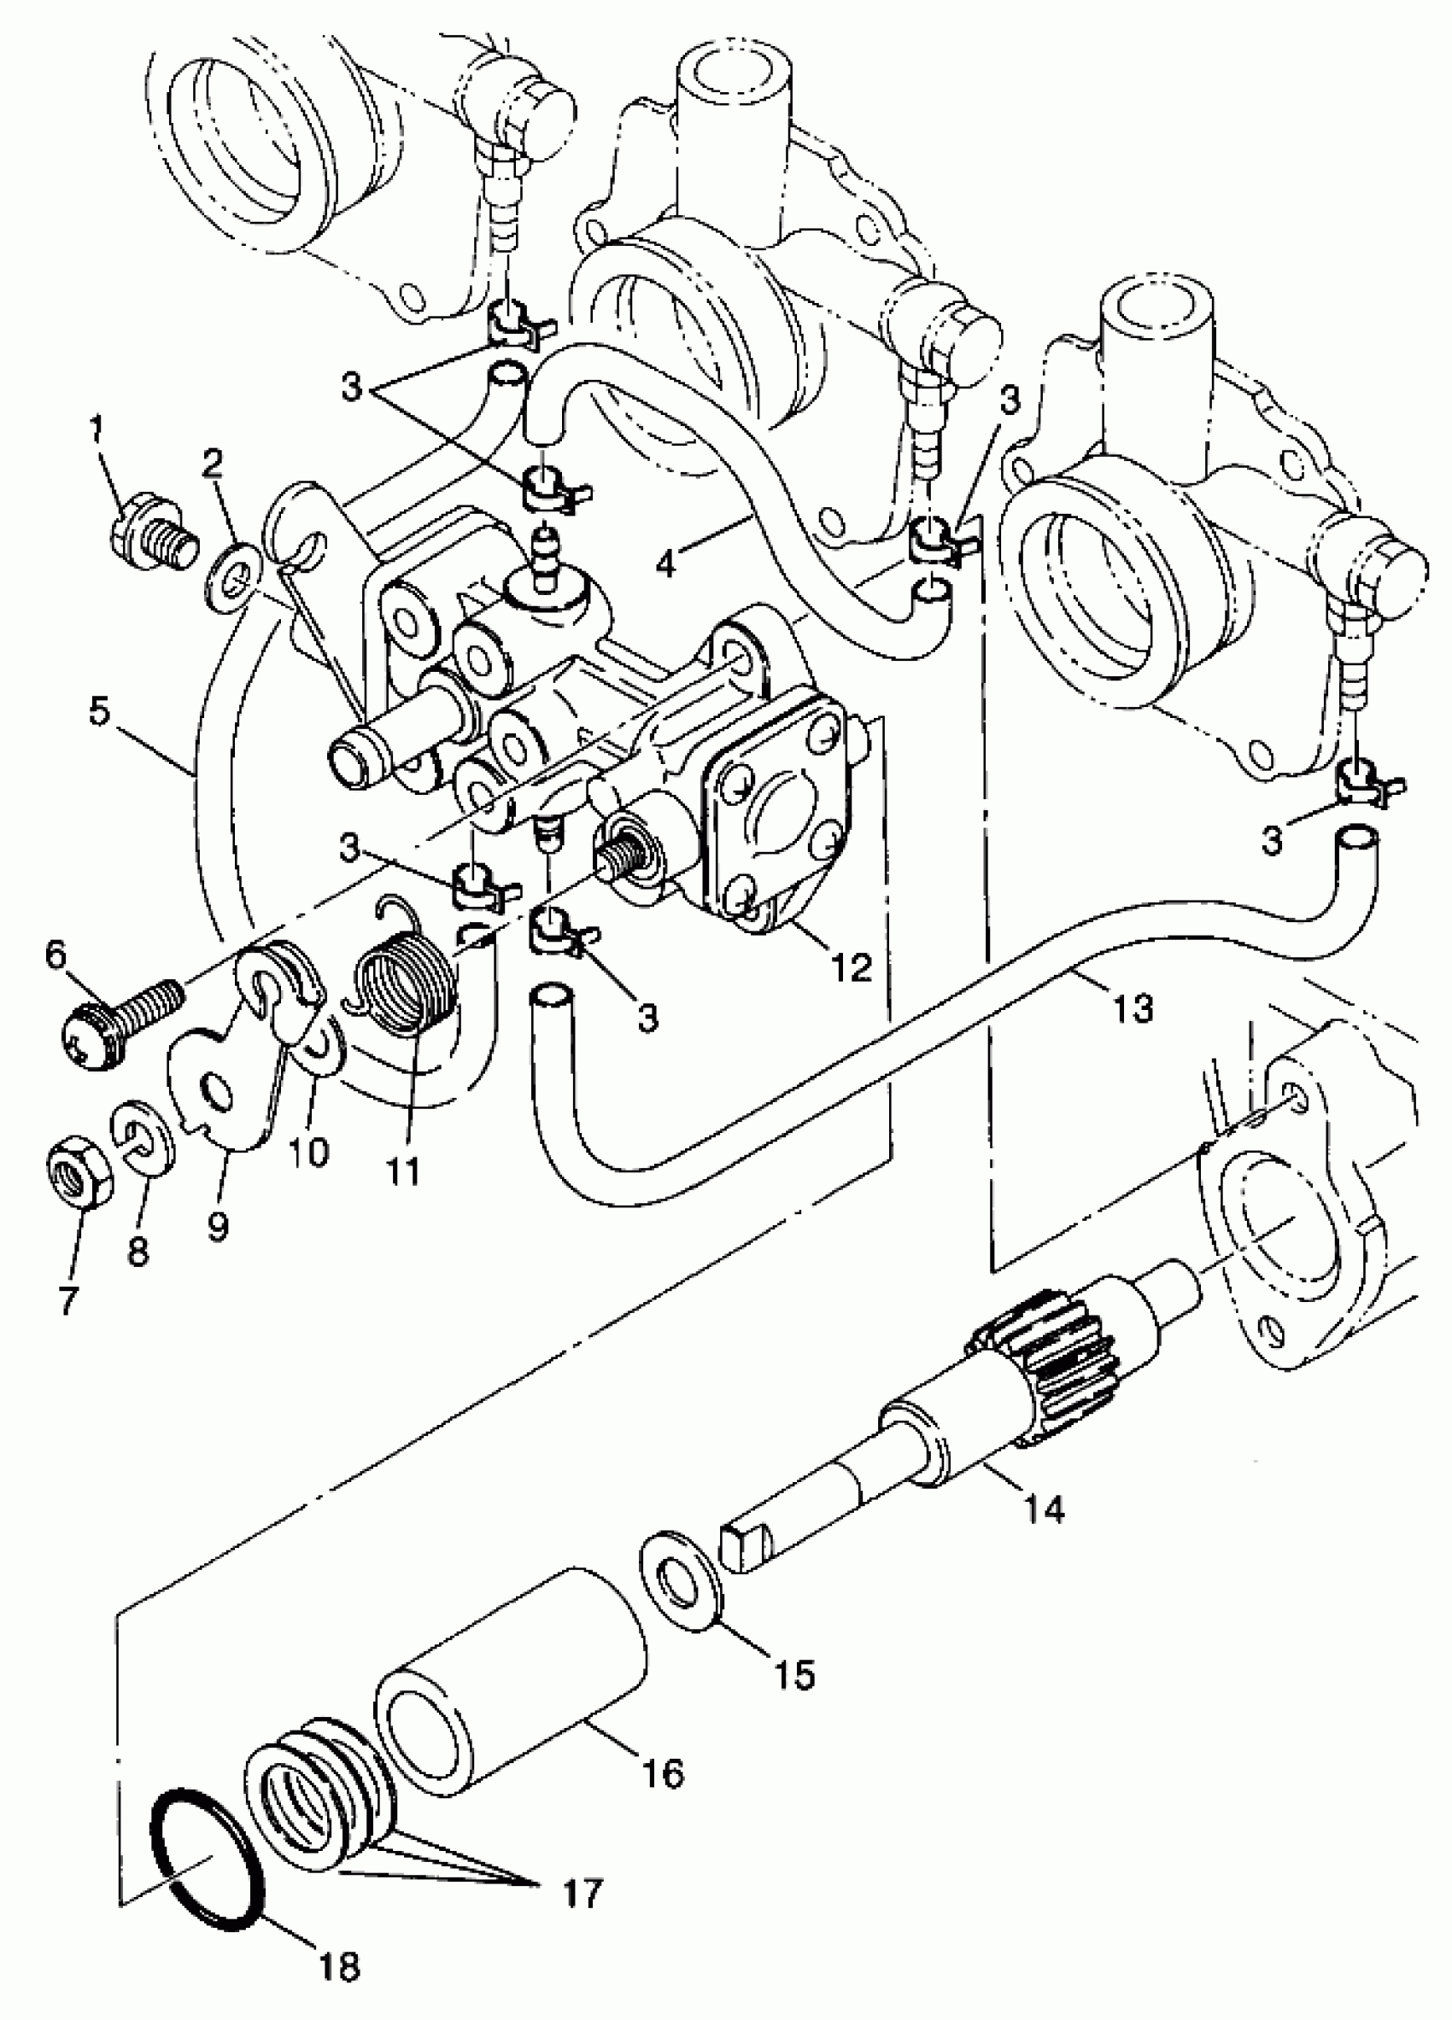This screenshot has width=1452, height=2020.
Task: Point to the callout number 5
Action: click(x=104, y=713)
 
